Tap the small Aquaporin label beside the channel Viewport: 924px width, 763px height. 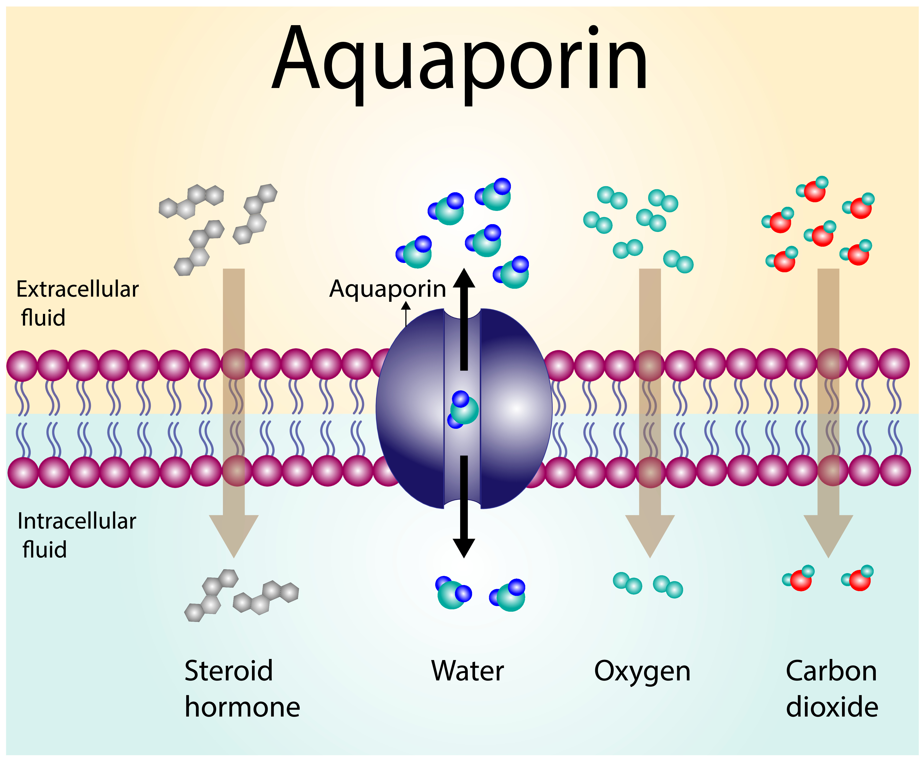pos(388,289)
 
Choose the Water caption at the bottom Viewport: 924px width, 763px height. pos(467,671)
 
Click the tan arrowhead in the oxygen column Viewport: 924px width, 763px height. pos(650,534)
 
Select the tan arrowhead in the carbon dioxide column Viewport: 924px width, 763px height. pos(828,534)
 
